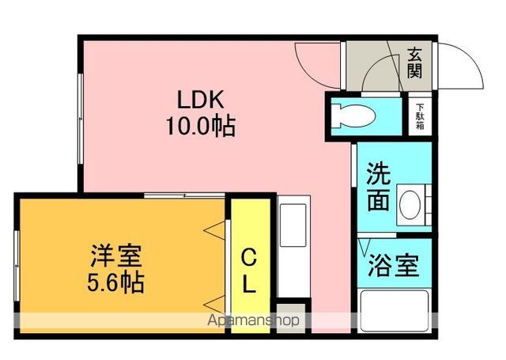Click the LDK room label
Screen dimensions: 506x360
coord(200,100)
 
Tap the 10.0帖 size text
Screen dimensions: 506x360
coord(200,127)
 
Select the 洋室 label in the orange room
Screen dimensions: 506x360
coord(116,256)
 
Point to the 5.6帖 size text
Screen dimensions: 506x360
coord(115,282)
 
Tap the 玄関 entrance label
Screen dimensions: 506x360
coord(414,63)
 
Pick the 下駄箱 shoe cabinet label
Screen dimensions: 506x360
coord(420,116)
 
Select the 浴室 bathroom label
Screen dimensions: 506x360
coord(394,265)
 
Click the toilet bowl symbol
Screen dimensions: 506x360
coord(353,116)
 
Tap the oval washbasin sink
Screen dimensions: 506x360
coord(410,204)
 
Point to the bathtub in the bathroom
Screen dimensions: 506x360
coord(395,311)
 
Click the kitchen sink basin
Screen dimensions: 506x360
coord(293,225)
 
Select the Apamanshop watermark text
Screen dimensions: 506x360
coord(253,320)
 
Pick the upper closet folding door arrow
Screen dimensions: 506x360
coord(214,230)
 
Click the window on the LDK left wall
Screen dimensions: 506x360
coord(81,119)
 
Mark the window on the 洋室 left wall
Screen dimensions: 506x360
coord(17,266)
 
